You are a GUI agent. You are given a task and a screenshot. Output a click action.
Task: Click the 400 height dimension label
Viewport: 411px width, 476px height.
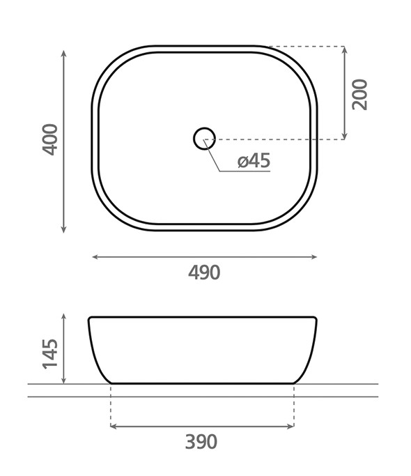(x=49, y=139)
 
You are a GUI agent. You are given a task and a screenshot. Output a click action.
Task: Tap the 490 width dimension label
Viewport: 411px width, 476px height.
(x=204, y=272)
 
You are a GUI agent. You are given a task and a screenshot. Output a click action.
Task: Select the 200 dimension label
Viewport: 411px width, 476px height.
(x=359, y=94)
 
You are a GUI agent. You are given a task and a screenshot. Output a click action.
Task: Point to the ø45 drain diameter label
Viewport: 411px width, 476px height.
(x=254, y=160)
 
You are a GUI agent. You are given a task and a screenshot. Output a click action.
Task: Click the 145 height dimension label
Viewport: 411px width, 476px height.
(x=49, y=353)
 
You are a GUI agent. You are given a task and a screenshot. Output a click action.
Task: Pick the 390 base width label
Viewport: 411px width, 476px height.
(x=201, y=442)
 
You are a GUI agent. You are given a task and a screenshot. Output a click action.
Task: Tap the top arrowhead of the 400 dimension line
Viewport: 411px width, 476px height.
(x=63, y=54)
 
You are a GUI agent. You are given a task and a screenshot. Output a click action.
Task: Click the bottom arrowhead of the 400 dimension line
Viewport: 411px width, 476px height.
(x=63, y=229)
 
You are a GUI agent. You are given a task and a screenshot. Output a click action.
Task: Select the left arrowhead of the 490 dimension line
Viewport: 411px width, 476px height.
(x=95, y=257)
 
